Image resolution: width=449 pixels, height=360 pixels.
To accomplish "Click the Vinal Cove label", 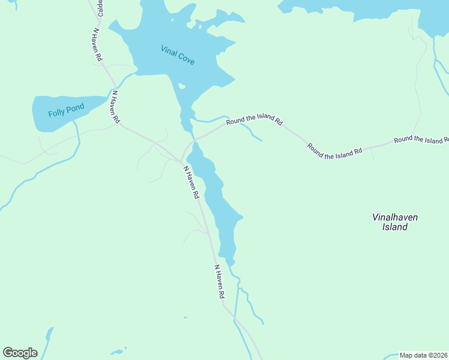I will pyautogui.click(x=178, y=55).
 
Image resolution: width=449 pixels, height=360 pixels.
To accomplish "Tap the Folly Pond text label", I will pyautogui.click(x=66, y=110).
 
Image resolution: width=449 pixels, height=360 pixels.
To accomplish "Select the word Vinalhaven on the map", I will pyautogui.click(x=394, y=217).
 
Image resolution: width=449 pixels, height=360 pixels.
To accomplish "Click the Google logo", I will pyautogui.click(x=20, y=353).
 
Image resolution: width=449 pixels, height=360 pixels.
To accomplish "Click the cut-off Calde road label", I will pyautogui.click(x=100, y=8).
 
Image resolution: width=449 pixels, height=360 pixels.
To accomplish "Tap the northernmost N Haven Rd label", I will pyautogui.click(x=97, y=44).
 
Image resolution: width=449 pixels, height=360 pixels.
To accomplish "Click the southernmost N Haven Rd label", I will pyautogui.click(x=219, y=281).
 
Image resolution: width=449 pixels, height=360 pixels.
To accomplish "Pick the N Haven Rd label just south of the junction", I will pyautogui.click(x=191, y=182).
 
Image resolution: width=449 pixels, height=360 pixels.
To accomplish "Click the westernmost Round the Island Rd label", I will pyautogui.click(x=254, y=121).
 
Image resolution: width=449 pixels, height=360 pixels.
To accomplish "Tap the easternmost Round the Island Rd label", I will pyautogui.click(x=421, y=140).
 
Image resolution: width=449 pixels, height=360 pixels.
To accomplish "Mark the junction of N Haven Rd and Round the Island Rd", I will pyautogui.click(x=182, y=161).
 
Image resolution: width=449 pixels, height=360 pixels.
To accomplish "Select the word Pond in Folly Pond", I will pyautogui.click(x=76, y=109).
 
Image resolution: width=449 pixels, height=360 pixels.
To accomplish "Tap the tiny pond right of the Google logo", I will pyautogui.click(x=118, y=351).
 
